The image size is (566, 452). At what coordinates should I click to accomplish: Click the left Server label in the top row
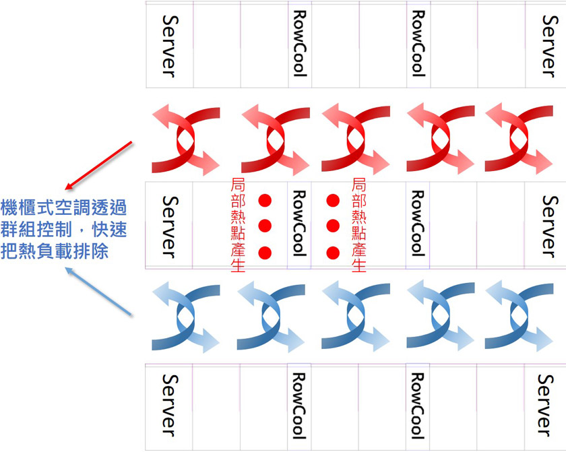click(x=169, y=46)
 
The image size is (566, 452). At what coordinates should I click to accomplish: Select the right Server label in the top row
click(x=551, y=46)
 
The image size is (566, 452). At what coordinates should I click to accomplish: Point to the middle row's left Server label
click(x=169, y=227)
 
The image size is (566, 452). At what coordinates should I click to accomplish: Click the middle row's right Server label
click(x=551, y=227)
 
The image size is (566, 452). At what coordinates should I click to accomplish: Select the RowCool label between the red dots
click(x=300, y=224)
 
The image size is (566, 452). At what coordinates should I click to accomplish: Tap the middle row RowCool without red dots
click(x=418, y=224)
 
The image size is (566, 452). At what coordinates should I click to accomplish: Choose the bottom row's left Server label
click(x=169, y=405)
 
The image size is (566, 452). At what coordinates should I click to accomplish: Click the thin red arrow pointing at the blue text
click(x=98, y=166)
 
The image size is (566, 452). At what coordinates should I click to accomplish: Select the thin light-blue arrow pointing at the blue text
click(x=98, y=291)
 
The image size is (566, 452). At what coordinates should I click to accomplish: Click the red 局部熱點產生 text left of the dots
click(x=238, y=225)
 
